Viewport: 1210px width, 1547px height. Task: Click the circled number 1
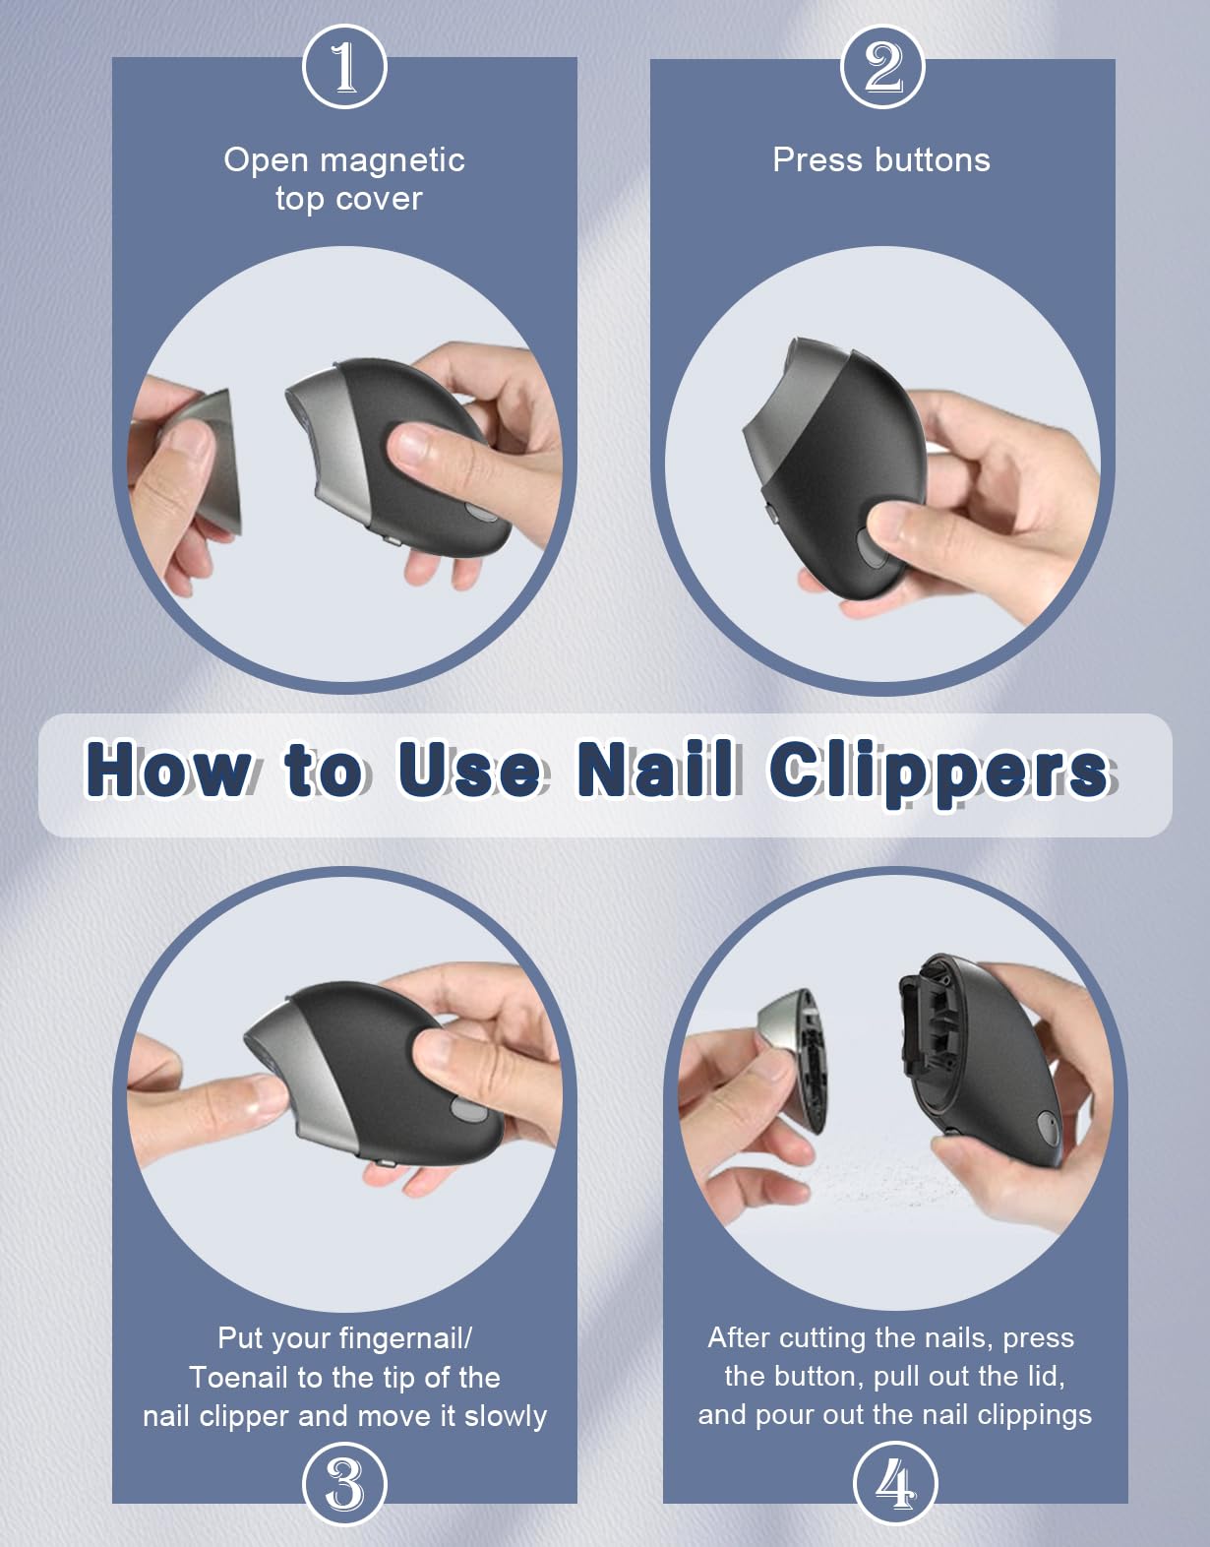pyautogui.click(x=344, y=67)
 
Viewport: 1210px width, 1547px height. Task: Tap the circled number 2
pyautogui.click(x=882, y=67)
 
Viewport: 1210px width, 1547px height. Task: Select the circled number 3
pyautogui.click(x=344, y=1484)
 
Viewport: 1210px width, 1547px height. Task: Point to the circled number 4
pyautogui.click(x=895, y=1484)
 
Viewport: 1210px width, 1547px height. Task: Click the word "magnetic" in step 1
pyautogui.click(x=393, y=160)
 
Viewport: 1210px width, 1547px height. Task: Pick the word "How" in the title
pyautogui.click(x=167, y=769)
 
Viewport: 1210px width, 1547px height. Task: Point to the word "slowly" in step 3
pyautogui.click(x=505, y=1417)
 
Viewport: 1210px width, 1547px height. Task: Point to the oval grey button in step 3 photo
pyautogui.click(x=467, y=1108)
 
